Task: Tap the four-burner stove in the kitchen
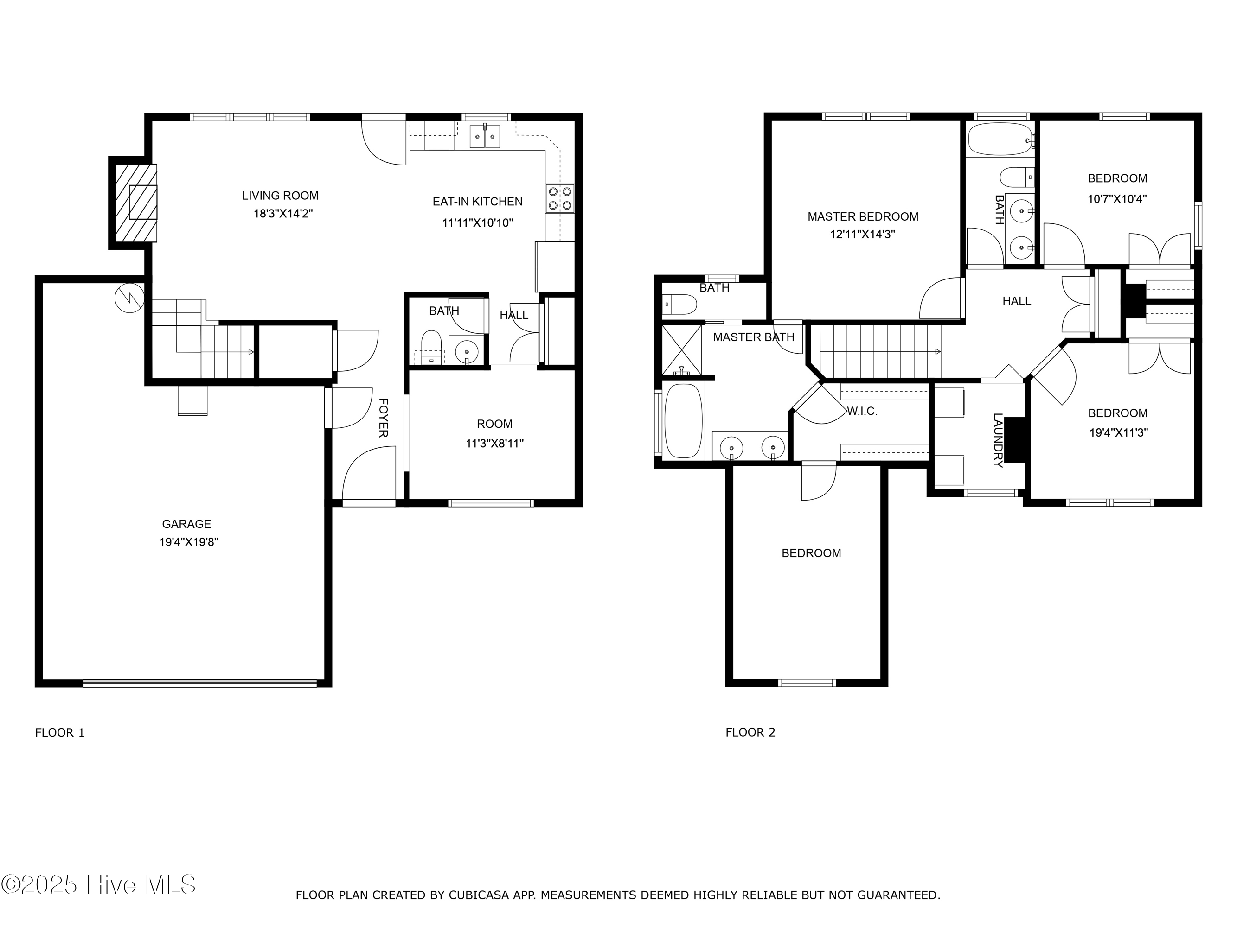[560, 198]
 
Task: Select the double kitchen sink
[484, 136]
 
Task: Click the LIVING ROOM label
[280, 196]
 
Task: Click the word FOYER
[384, 418]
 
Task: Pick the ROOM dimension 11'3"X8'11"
[495, 444]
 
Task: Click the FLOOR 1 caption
[60, 732]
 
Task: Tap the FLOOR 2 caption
[750, 732]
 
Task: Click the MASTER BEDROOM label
[863, 217]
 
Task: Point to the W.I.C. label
[862, 411]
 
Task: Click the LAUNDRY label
[998, 440]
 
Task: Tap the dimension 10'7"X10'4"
[1117, 199]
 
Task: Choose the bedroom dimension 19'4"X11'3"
[1118, 432]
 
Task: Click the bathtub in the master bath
[683, 421]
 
